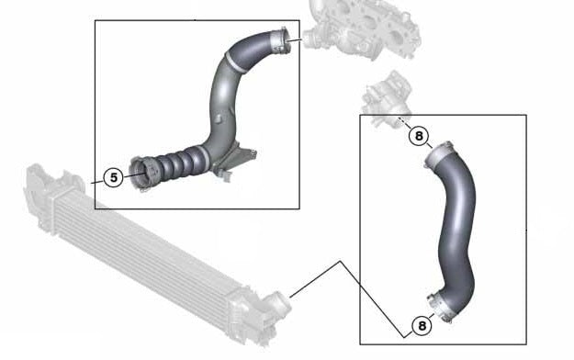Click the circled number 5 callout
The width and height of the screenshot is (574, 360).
[114, 177]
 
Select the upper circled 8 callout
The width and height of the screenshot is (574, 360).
[419, 136]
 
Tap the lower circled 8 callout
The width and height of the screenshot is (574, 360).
[422, 326]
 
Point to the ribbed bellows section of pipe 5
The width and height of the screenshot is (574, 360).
[175, 163]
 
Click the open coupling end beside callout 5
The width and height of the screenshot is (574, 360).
[141, 173]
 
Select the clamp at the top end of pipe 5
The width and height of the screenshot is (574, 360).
[281, 41]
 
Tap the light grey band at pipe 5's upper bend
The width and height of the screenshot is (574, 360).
[233, 62]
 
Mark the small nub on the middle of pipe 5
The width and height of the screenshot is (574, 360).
[219, 118]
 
